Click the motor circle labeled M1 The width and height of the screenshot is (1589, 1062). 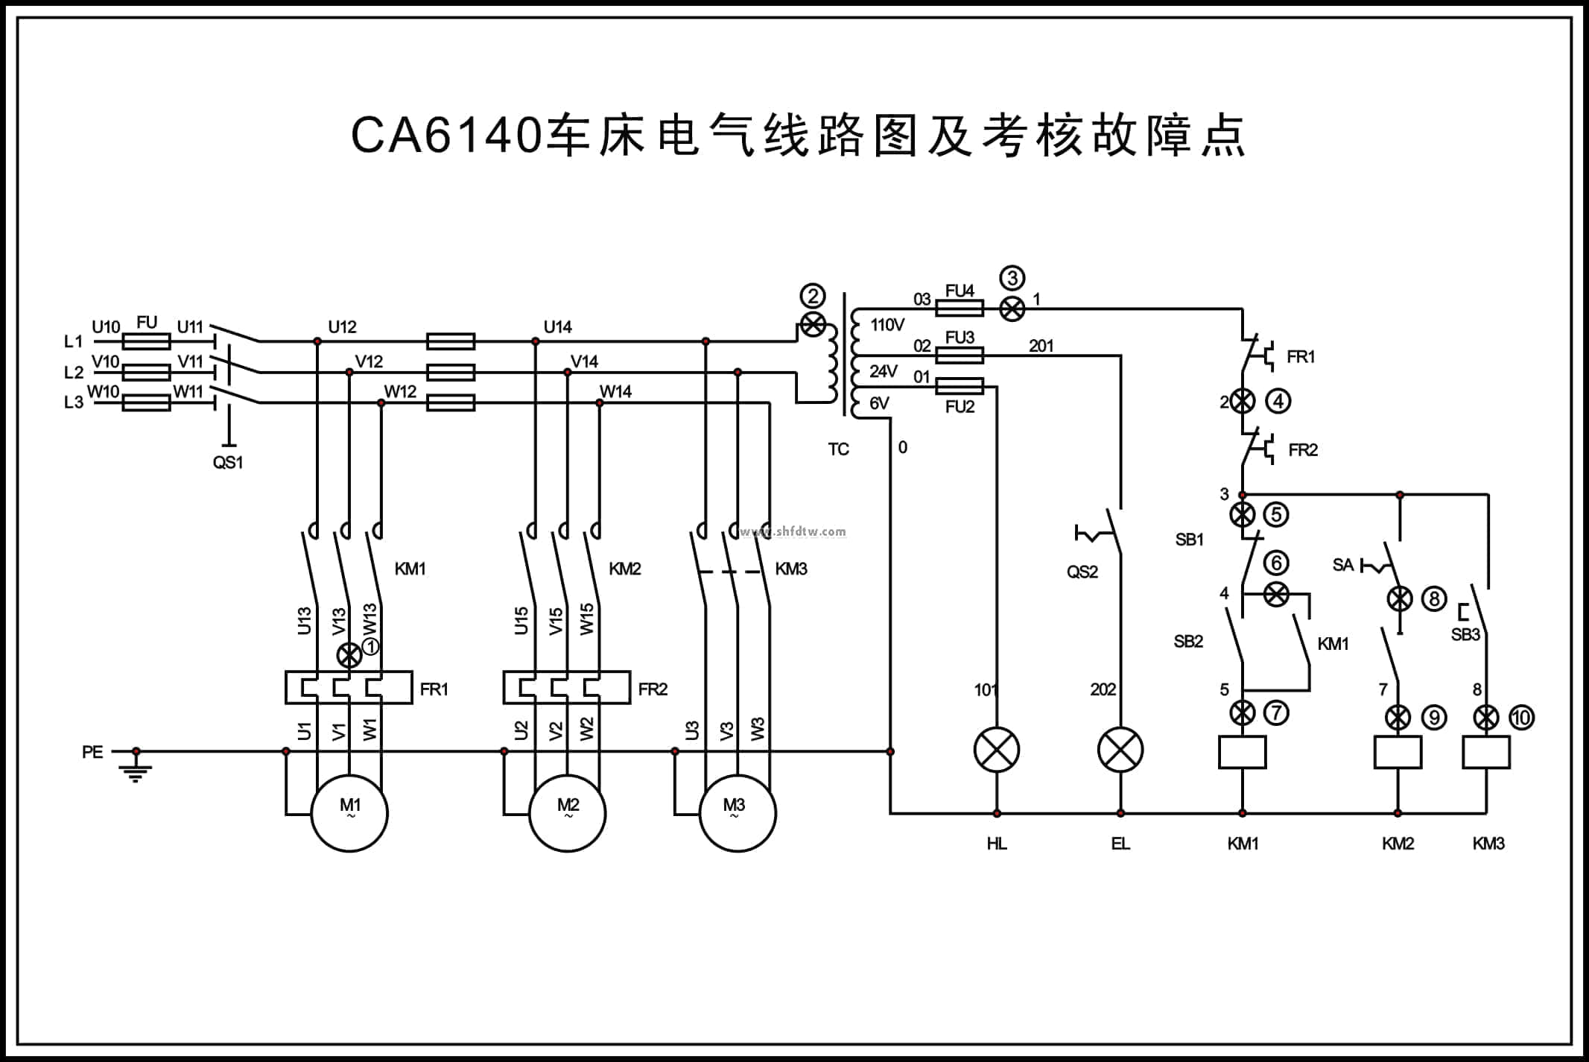[x=349, y=813]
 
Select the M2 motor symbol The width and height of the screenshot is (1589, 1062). [x=568, y=813]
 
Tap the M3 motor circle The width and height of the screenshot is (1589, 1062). [x=738, y=813]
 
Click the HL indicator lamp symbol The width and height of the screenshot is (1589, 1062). [x=997, y=750]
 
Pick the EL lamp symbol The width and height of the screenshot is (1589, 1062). [x=1120, y=750]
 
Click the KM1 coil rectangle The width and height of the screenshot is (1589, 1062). [x=1242, y=752]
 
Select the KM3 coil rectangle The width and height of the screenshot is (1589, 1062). [x=1486, y=752]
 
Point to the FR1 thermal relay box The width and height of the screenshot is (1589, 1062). [x=349, y=688]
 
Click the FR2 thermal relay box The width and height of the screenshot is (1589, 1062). [x=567, y=688]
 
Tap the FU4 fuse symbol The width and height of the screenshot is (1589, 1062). [x=960, y=308]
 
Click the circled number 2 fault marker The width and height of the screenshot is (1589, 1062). [x=813, y=297]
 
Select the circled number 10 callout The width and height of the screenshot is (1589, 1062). [x=1521, y=718]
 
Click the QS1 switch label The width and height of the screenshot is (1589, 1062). [x=228, y=462]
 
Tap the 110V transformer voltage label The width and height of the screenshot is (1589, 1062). [x=887, y=325]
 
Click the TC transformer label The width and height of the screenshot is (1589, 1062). [x=838, y=449]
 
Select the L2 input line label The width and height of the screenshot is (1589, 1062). [x=74, y=372]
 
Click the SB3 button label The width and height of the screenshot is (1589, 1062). [x=1465, y=635]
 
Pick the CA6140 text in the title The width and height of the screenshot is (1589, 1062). [x=445, y=136]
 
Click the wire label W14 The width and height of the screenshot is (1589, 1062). [x=616, y=391]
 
